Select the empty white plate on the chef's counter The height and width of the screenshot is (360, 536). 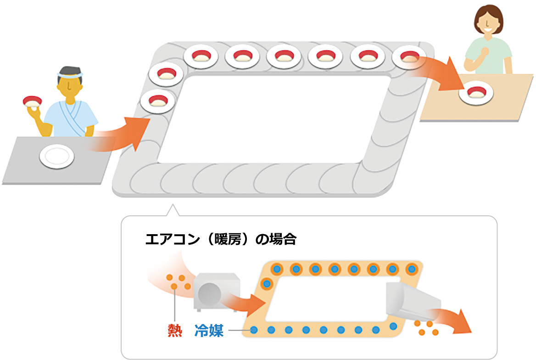pyautogui.click(x=56, y=156)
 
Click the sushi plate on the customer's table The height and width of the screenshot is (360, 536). pyautogui.click(x=475, y=92)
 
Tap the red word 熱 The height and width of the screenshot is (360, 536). pyautogui.click(x=175, y=330)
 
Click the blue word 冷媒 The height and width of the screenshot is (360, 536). pyautogui.click(x=209, y=330)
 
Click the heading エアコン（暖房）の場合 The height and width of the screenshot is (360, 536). pyautogui.click(x=220, y=239)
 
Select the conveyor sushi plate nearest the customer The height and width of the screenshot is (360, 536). pyautogui.click(x=408, y=57)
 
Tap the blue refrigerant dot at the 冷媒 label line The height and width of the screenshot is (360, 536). pyautogui.click(x=254, y=330)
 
